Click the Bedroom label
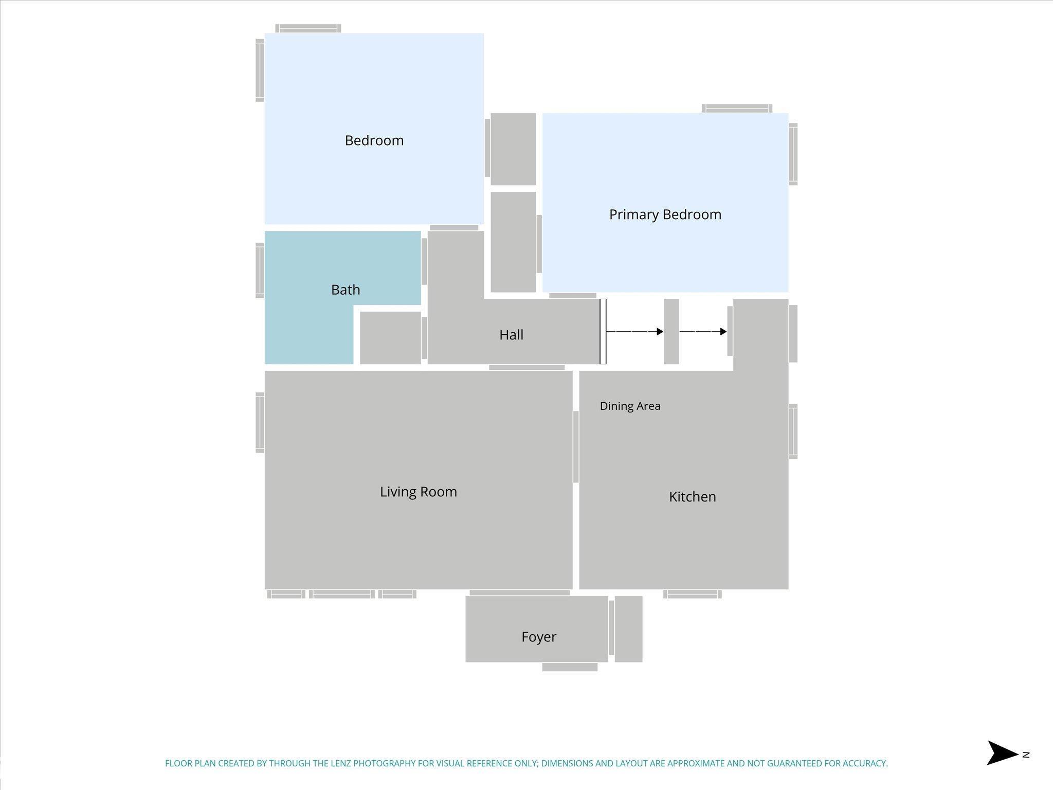coord(374,140)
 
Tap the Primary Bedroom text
coord(665,214)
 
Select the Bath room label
coord(346,290)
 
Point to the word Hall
coord(511,335)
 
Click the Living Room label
coord(418,492)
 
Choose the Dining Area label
coord(630,406)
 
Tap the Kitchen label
coord(692,497)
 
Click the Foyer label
coord(538,637)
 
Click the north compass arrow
coord(1002,754)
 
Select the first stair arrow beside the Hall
coord(635,332)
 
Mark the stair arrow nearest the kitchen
coord(703,332)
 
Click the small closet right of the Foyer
coord(628,629)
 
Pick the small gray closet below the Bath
coord(390,338)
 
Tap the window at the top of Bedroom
coord(308,28)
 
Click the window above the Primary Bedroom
coord(737,109)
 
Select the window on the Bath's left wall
coord(260,271)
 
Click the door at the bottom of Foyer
coord(570,667)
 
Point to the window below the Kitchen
coord(692,594)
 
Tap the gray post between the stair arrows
coord(671,332)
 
